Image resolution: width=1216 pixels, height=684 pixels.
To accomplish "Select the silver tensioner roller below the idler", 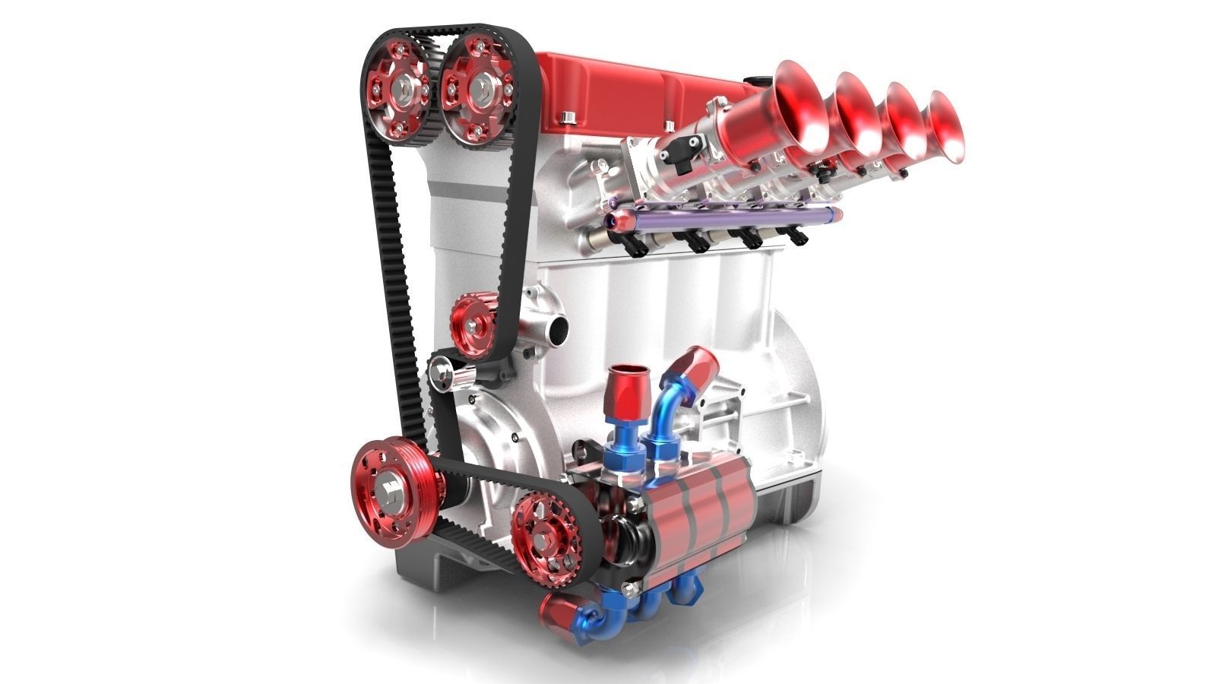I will (443, 373).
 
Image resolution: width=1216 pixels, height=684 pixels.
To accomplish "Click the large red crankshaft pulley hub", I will (391, 487).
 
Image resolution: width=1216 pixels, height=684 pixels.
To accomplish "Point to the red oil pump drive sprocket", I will (542, 535).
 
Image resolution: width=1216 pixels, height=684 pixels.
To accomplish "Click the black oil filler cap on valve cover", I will (754, 79).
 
